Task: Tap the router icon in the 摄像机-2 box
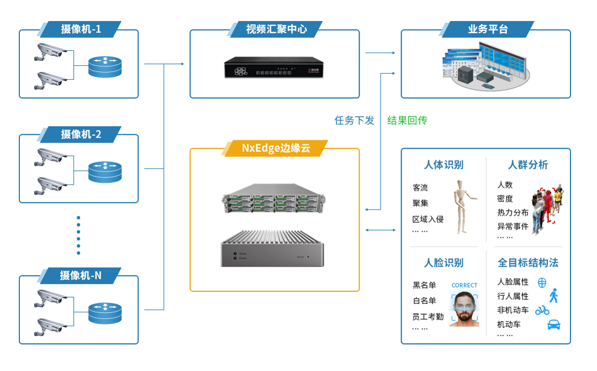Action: pos(105,171)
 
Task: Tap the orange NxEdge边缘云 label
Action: pos(276,148)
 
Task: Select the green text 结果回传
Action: pos(407,120)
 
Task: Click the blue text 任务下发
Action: pos(354,120)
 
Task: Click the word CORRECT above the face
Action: pos(464,285)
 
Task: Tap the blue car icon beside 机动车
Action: pos(553,325)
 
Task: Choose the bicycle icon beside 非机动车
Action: pos(542,310)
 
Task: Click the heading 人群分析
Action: pos(528,165)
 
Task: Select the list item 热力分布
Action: pos(513,212)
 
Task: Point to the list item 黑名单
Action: pos(424,285)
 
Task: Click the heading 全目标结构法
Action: pos(528,262)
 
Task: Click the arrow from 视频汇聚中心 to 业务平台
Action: pos(380,53)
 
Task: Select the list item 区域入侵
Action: pos(428,219)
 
